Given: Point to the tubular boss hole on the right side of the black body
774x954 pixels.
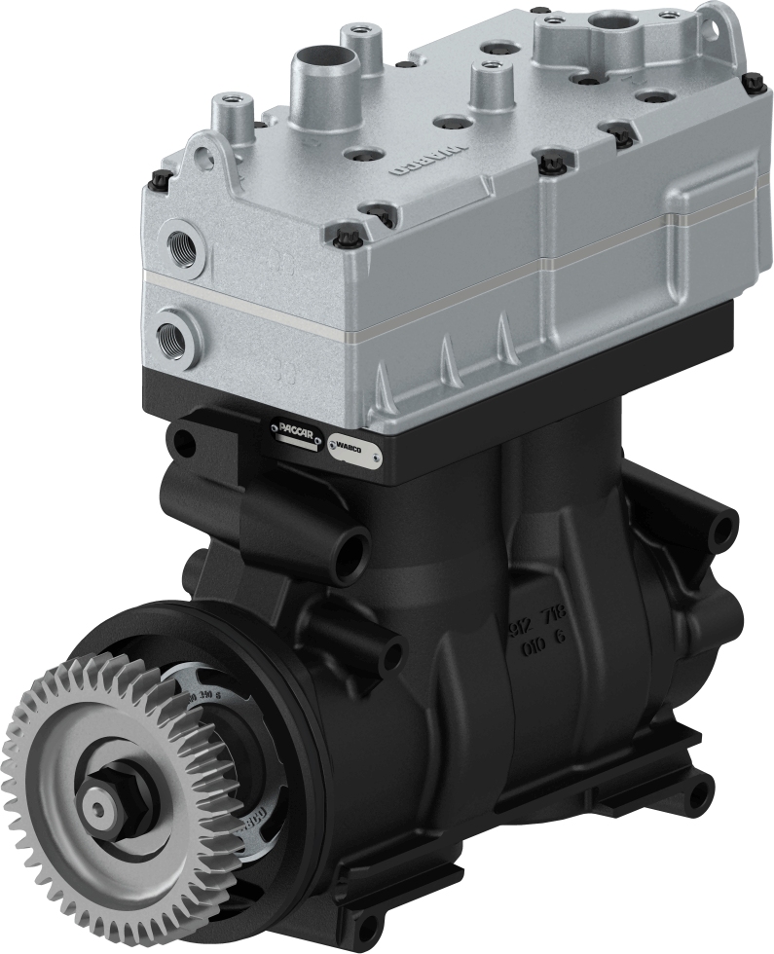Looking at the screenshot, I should (x=721, y=528).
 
